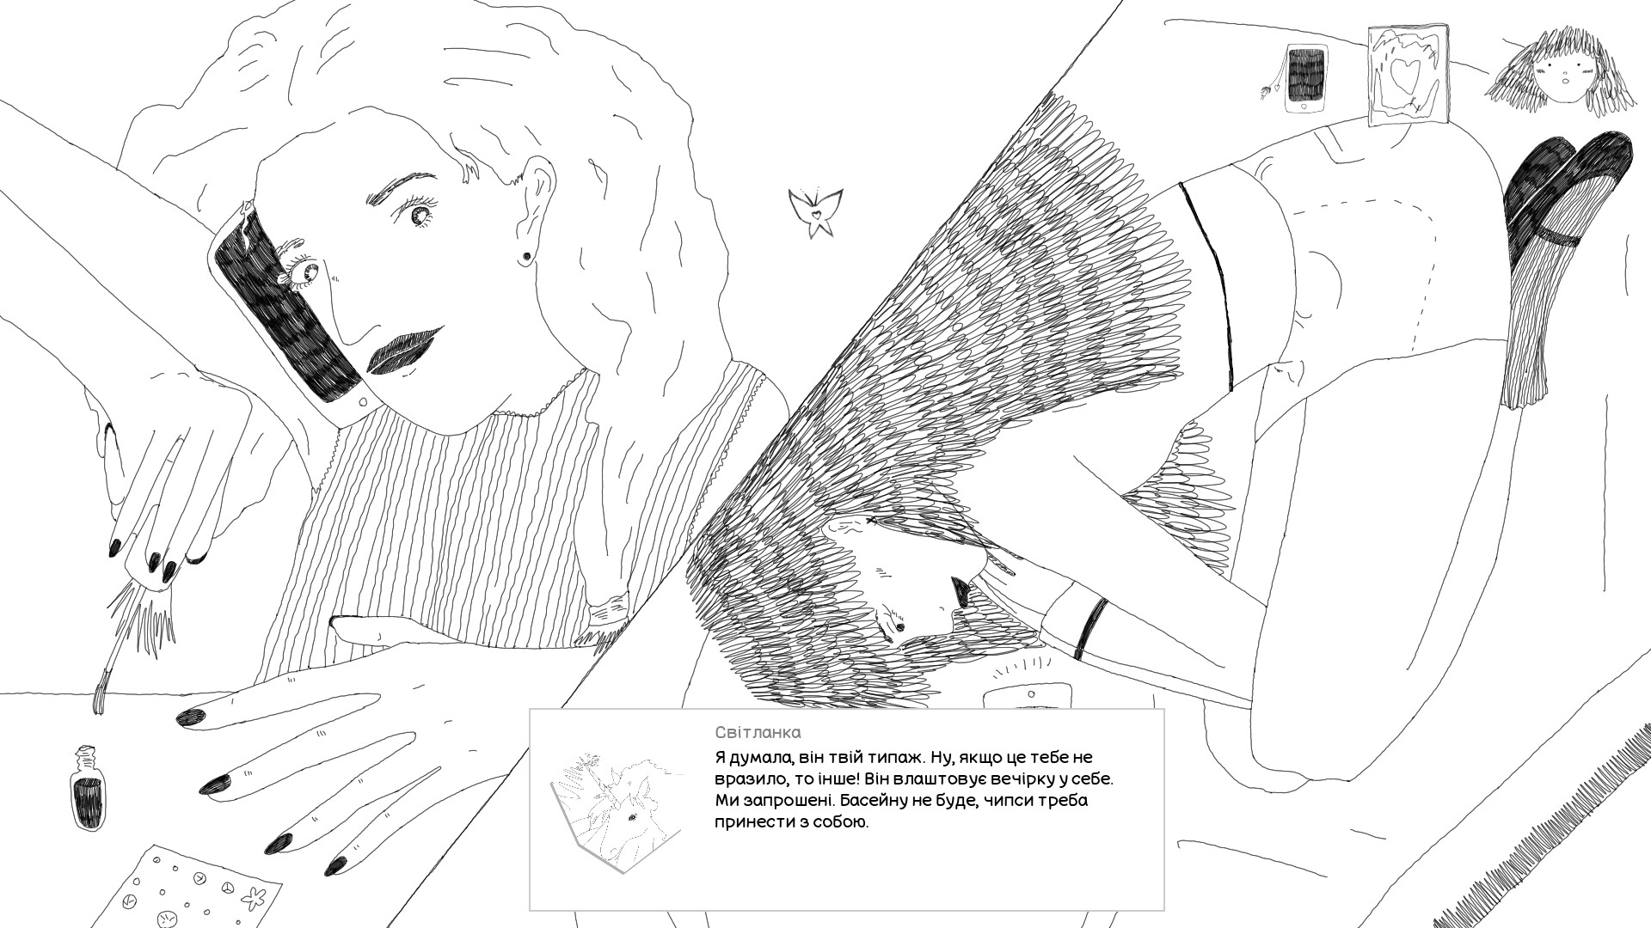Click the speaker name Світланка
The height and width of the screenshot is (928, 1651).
pos(758,732)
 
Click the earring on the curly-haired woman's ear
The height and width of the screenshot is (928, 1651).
pos(523,256)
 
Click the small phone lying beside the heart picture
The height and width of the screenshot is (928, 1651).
pos(1305,78)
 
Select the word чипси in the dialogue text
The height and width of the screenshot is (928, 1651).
pos(1011,801)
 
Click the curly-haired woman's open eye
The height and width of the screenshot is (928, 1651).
pos(421,215)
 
